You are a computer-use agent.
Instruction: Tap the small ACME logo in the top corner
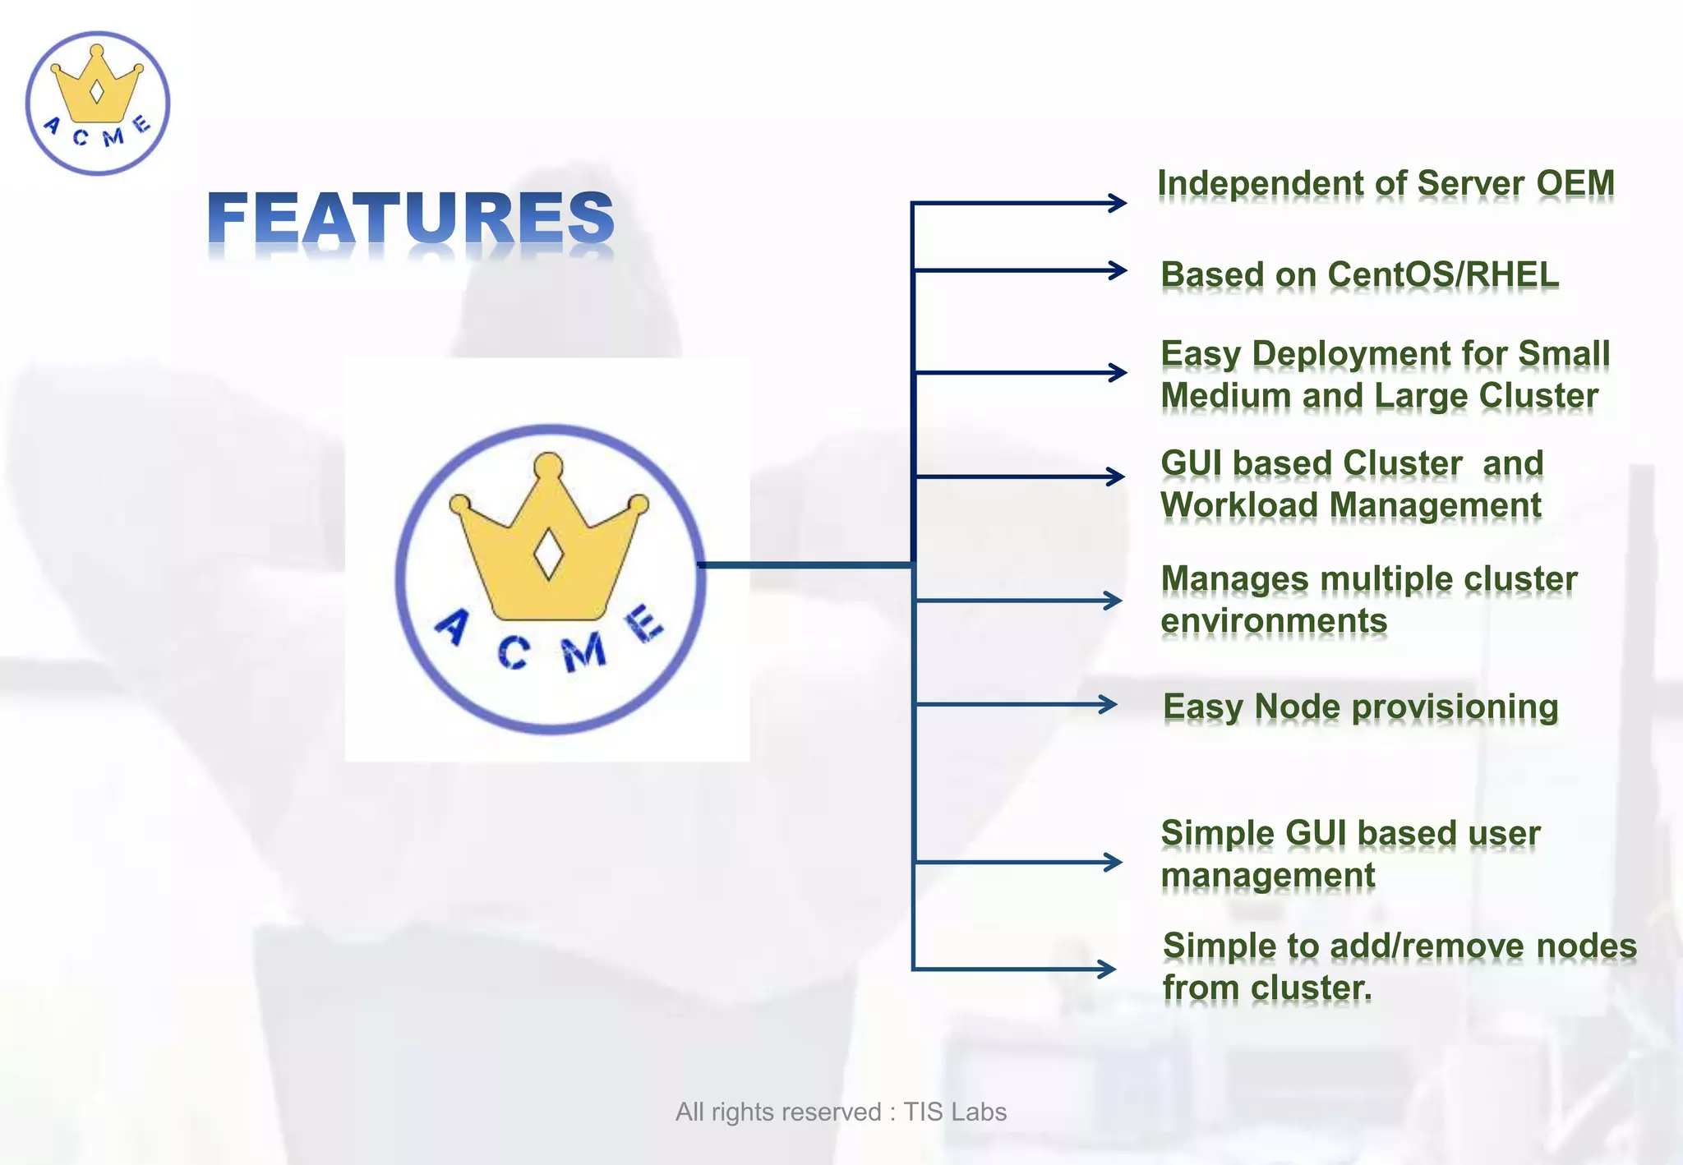pos(97,104)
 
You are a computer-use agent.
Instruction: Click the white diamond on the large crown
pos(548,555)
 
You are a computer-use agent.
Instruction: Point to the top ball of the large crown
pos(548,466)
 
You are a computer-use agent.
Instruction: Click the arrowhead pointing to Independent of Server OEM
pos(1118,203)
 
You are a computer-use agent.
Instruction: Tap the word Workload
pos(1239,504)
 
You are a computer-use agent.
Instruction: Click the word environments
pos(1273,621)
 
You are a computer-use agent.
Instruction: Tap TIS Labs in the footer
pos(955,1112)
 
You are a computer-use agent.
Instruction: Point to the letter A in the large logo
pos(453,628)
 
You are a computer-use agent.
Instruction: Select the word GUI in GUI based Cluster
pos(1191,463)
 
